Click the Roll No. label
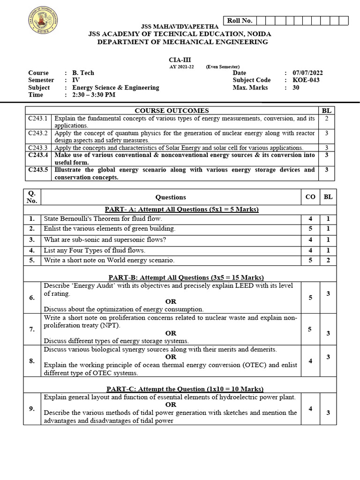[x=240, y=20]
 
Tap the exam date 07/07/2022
[x=307, y=73]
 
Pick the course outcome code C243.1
[x=38, y=119]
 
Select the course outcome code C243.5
[x=38, y=170]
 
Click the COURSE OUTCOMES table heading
[x=172, y=111]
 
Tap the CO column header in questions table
[x=310, y=197]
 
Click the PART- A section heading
[x=183, y=209]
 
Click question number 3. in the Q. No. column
[x=32, y=240]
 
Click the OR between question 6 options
[x=171, y=301]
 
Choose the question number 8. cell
[x=32, y=361]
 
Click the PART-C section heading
[x=185, y=389]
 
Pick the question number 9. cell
[x=32, y=409]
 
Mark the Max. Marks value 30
[x=295, y=88]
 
